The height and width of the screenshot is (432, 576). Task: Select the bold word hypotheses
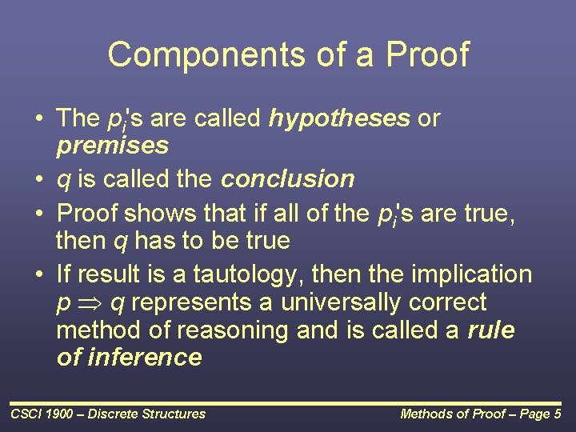click(341, 118)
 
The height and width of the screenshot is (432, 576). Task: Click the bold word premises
click(113, 146)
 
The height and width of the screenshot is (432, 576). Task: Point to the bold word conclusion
click(288, 178)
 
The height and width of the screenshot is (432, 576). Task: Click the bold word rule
click(491, 330)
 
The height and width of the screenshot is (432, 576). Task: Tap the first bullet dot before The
click(38, 119)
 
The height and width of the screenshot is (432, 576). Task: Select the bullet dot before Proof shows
click(38, 214)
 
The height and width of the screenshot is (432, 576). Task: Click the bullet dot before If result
click(38, 274)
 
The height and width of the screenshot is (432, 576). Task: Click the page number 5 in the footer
click(557, 414)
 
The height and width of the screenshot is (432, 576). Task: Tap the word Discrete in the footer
click(113, 414)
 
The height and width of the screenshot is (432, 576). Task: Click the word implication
click(471, 274)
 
